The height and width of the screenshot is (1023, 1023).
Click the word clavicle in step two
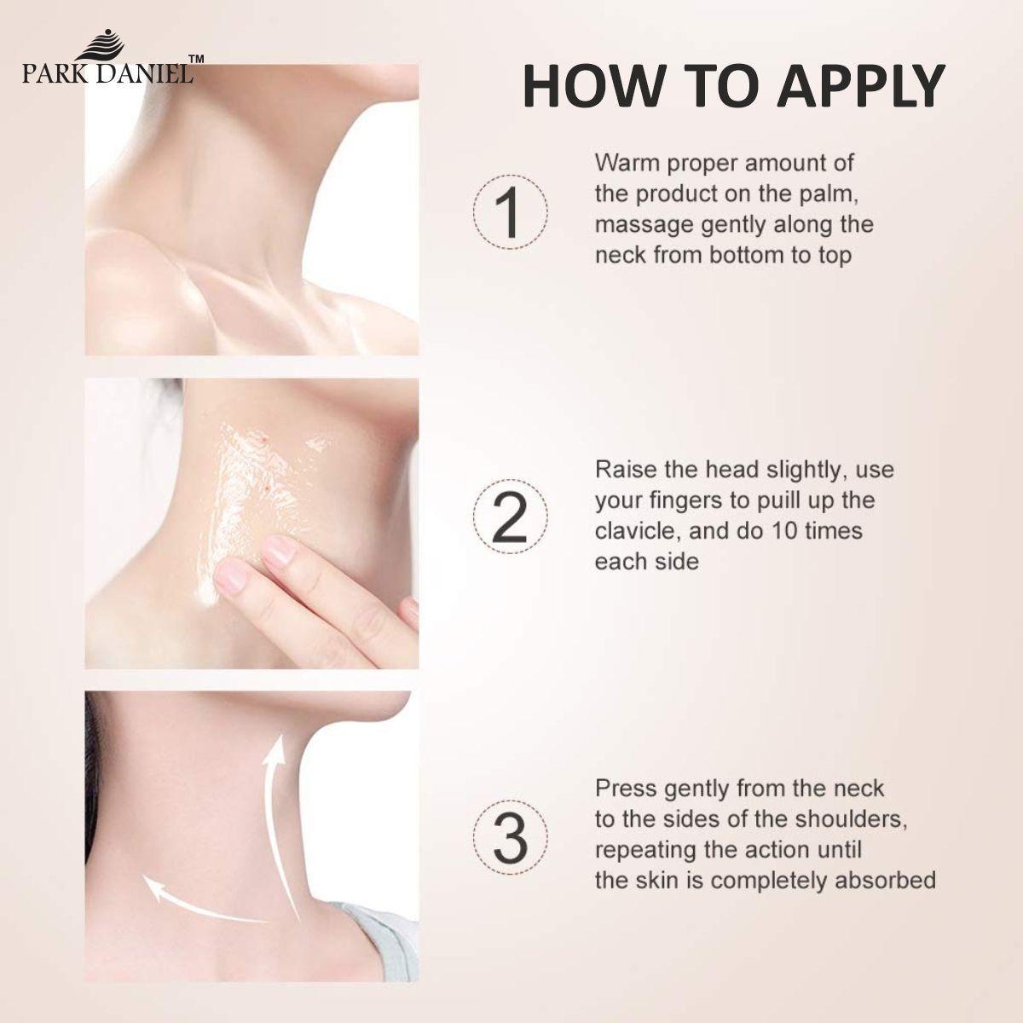tap(632, 531)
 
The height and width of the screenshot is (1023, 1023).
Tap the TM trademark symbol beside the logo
tap(195, 61)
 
